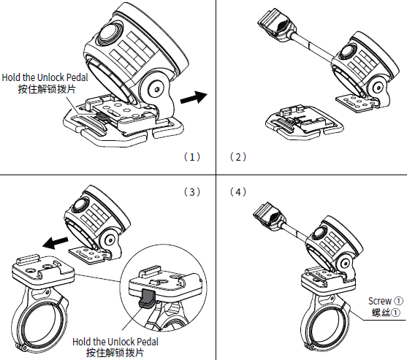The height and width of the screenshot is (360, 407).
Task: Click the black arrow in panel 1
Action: point(194,97)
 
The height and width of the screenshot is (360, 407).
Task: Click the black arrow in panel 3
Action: point(55,242)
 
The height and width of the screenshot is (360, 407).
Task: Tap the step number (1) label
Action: point(192,157)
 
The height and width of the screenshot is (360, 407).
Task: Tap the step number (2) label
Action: point(238,157)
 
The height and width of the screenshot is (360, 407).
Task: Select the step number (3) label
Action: point(192,192)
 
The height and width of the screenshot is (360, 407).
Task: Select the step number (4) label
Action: point(238,192)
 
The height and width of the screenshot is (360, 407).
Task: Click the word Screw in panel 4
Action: point(380,301)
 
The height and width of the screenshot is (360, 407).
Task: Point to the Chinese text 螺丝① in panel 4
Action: point(386,313)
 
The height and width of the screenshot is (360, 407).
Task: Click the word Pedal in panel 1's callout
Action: point(77,77)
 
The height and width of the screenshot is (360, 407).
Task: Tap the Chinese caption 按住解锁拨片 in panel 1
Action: point(47,89)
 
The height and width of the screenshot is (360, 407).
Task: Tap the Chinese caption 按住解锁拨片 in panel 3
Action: point(115,353)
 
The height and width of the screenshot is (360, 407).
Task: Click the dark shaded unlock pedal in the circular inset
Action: point(147,299)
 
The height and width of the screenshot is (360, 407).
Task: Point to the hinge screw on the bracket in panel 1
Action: point(157,90)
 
